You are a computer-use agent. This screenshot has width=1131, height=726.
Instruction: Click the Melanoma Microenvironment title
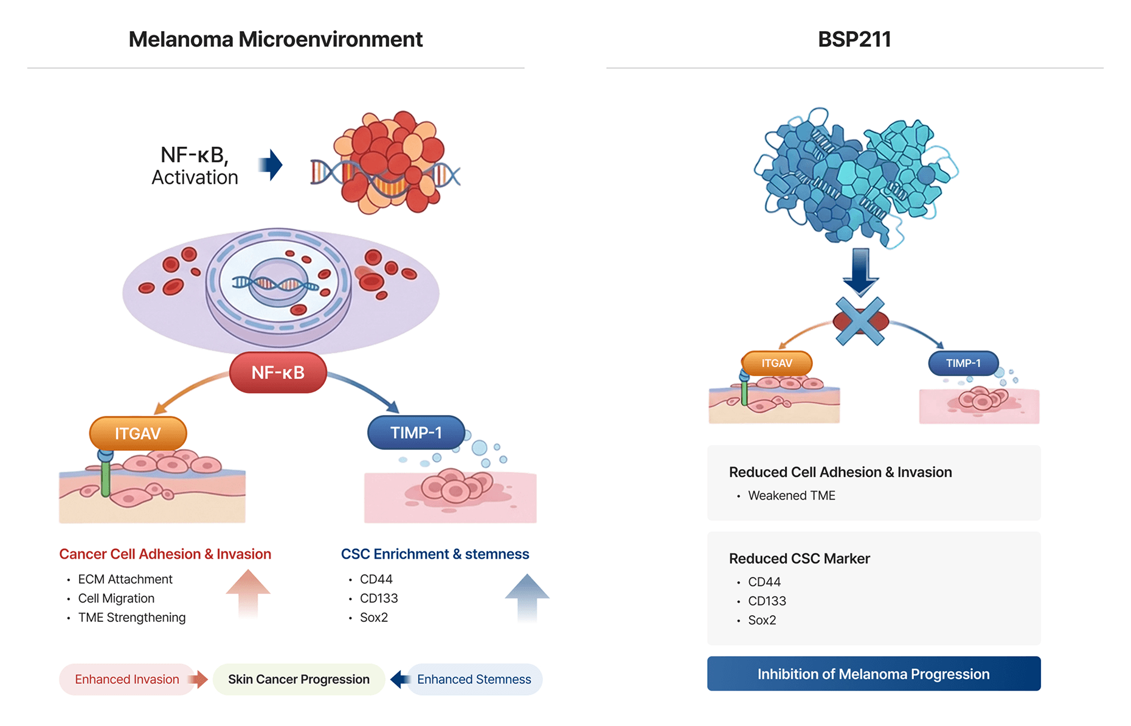(x=275, y=40)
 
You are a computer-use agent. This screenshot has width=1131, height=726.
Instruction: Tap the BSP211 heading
(x=854, y=40)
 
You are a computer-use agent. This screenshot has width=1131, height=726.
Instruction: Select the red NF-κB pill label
(x=278, y=372)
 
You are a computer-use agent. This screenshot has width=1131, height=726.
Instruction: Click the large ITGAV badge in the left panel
(x=138, y=433)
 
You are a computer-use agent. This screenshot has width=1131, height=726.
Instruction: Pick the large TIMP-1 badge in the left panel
(x=416, y=433)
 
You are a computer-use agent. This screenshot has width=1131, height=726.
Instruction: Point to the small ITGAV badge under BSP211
(x=776, y=363)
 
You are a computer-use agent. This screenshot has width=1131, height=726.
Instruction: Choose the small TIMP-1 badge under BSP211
(x=963, y=363)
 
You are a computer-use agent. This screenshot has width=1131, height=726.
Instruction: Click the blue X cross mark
(x=860, y=321)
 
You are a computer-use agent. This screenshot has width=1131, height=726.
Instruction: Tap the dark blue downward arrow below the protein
(x=860, y=271)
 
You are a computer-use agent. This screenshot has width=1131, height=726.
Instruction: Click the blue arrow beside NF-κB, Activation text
(x=271, y=165)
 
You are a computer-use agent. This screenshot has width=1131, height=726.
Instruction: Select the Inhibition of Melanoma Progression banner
(x=873, y=674)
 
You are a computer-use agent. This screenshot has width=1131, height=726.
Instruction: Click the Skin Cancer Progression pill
(x=299, y=679)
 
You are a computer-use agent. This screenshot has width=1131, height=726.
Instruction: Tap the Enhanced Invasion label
(x=127, y=679)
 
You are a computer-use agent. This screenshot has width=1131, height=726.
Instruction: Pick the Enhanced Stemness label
(x=474, y=679)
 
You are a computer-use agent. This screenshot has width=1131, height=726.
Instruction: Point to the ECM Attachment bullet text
(x=125, y=579)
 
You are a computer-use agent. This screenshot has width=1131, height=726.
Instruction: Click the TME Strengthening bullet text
(x=132, y=618)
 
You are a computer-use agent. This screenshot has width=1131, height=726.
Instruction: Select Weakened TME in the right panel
(x=791, y=496)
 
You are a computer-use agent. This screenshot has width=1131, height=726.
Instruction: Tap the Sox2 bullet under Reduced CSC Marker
(x=762, y=620)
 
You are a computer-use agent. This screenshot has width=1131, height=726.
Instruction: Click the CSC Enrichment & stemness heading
(x=435, y=554)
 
